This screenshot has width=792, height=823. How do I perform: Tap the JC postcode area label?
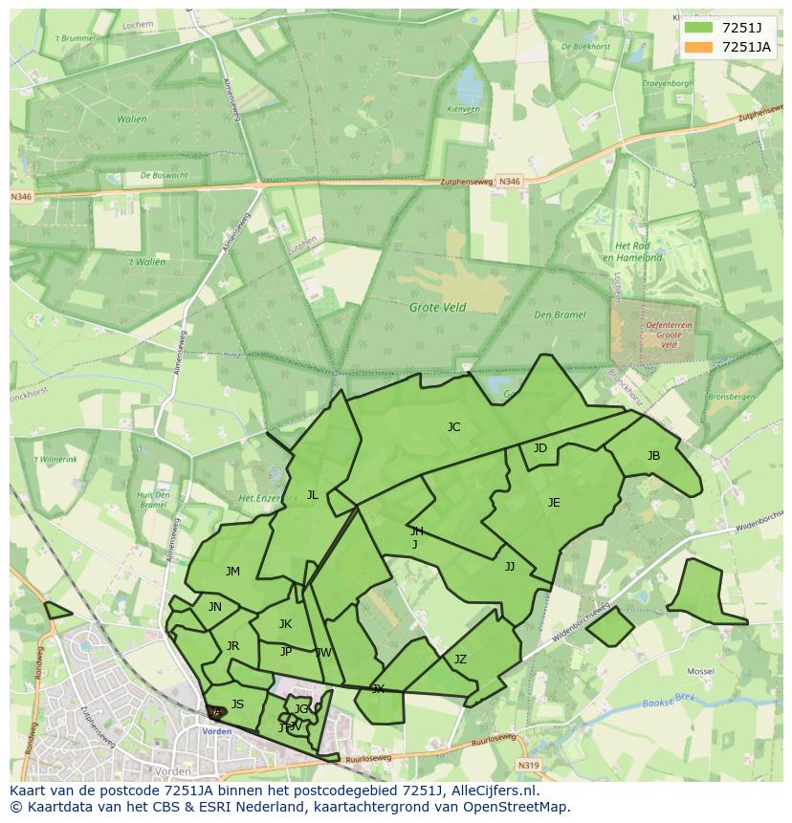[x=453, y=427]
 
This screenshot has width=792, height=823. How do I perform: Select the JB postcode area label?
[x=653, y=456]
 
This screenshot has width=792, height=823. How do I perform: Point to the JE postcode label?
[x=554, y=503]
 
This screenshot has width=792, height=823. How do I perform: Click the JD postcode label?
[x=540, y=448]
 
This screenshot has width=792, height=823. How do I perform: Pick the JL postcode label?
[x=312, y=495]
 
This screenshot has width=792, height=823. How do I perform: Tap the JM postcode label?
[x=232, y=572]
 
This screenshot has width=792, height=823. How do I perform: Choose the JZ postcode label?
[x=460, y=660]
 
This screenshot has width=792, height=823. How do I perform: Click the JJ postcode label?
[x=510, y=567]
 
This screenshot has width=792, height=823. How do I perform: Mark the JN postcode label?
[x=215, y=607]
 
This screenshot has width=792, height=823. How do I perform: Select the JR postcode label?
[x=232, y=646]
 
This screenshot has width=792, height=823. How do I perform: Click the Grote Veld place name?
[x=437, y=308]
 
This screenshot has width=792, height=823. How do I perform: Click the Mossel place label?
[x=700, y=672]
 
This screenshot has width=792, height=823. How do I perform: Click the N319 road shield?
[x=529, y=765]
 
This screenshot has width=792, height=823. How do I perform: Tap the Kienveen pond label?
[x=462, y=110]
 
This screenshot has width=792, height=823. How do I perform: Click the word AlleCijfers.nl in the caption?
[x=491, y=791]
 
